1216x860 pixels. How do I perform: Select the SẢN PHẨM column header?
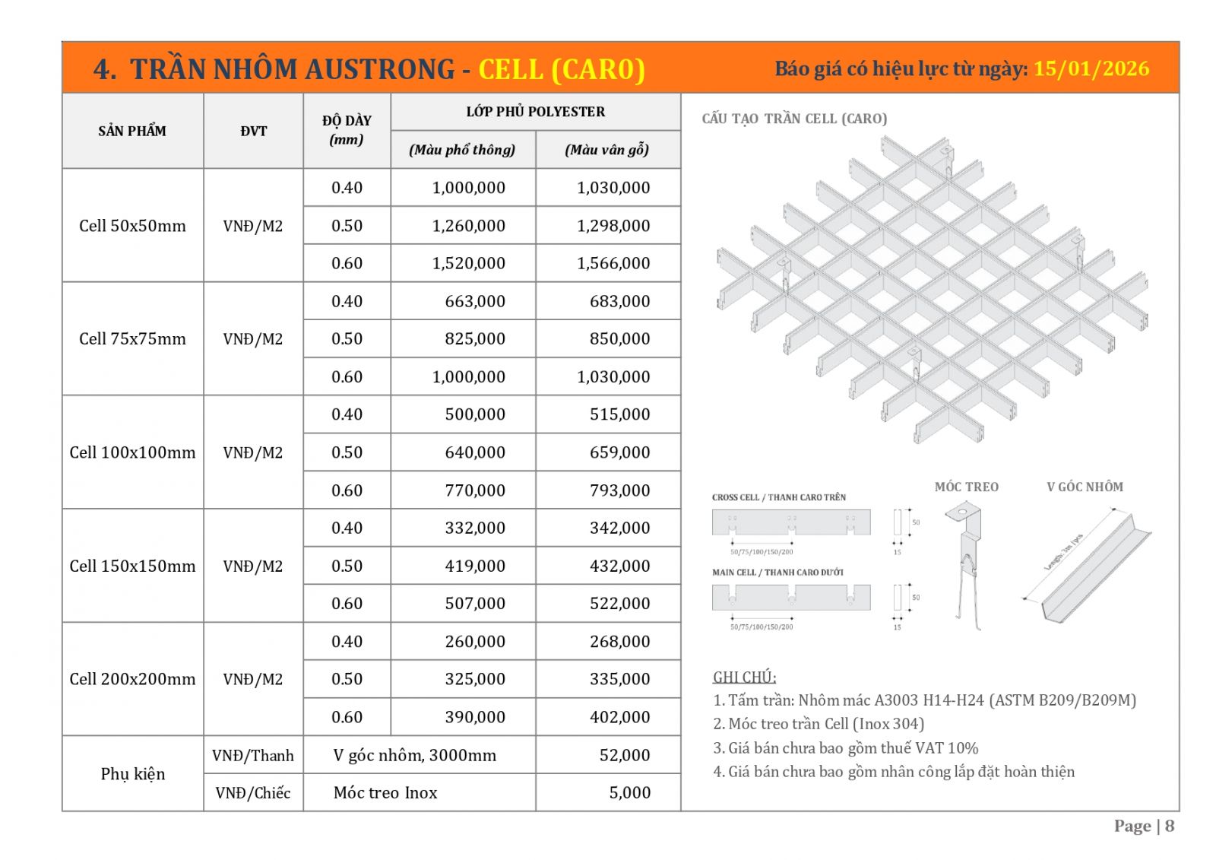click(x=132, y=131)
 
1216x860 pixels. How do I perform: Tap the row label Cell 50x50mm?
click(x=132, y=226)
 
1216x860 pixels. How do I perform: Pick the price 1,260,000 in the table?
click(x=468, y=226)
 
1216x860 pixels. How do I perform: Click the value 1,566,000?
click(x=613, y=263)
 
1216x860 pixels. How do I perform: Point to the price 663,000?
click(x=475, y=301)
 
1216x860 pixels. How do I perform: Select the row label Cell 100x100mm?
click(x=132, y=452)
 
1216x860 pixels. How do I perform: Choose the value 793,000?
click(x=619, y=490)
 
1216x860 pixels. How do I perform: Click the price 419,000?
click(x=475, y=566)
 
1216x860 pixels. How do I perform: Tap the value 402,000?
click(x=619, y=717)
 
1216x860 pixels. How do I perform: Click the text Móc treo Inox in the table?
click(x=385, y=792)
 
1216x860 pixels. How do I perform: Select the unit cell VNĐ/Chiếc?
click(x=253, y=792)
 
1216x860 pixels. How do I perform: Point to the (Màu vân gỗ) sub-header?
click(x=606, y=150)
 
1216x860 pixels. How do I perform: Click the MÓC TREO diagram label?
click(x=966, y=487)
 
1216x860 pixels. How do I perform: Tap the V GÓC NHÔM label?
click(x=1085, y=487)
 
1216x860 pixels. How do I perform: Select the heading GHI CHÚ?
click(x=744, y=677)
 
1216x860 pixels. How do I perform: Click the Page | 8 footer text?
click(x=1144, y=826)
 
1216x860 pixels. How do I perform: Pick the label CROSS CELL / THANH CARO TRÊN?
click(x=779, y=497)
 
